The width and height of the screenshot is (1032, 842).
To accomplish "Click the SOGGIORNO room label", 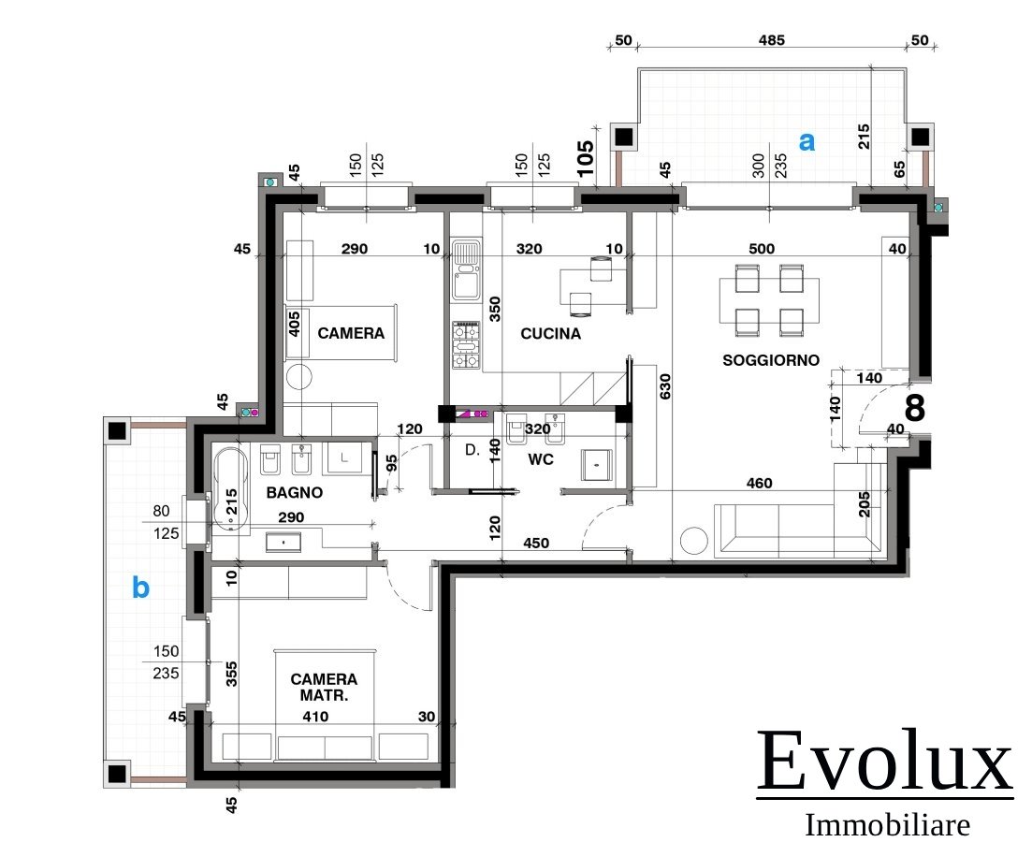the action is click(x=771, y=360).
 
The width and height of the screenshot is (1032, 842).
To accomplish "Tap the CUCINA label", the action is click(x=551, y=334).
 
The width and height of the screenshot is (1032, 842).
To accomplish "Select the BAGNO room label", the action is click(x=294, y=492).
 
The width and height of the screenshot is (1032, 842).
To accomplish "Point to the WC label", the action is click(x=541, y=459).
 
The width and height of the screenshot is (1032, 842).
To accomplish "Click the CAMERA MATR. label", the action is click(x=324, y=687).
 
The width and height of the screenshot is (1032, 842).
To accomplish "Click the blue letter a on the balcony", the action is click(x=807, y=141).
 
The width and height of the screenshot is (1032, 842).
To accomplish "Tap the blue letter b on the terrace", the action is click(x=141, y=587).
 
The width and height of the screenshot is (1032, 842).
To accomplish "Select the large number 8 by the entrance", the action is click(x=915, y=408).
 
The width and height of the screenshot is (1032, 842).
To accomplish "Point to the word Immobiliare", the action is click(x=887, y=825).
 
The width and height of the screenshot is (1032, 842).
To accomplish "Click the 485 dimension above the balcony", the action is click(x=771, y=40).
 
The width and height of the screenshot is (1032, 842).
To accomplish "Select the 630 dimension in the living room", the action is click(x=665, y=386).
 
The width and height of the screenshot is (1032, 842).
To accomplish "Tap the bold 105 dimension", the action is click(x=585, y=158).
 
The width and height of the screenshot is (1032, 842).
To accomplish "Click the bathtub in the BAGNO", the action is click(x=230, y=487).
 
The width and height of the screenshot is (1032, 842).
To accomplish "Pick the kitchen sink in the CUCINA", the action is click(x=466, y=269).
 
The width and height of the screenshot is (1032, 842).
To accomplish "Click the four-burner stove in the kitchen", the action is click(x=466, y=345).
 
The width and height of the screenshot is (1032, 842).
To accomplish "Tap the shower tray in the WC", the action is click(x=597, y=465).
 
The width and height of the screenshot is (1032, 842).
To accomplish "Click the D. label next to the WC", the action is click(x=472, y=450).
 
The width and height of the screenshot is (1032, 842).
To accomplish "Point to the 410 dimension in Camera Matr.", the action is click(x=315, y=717).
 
